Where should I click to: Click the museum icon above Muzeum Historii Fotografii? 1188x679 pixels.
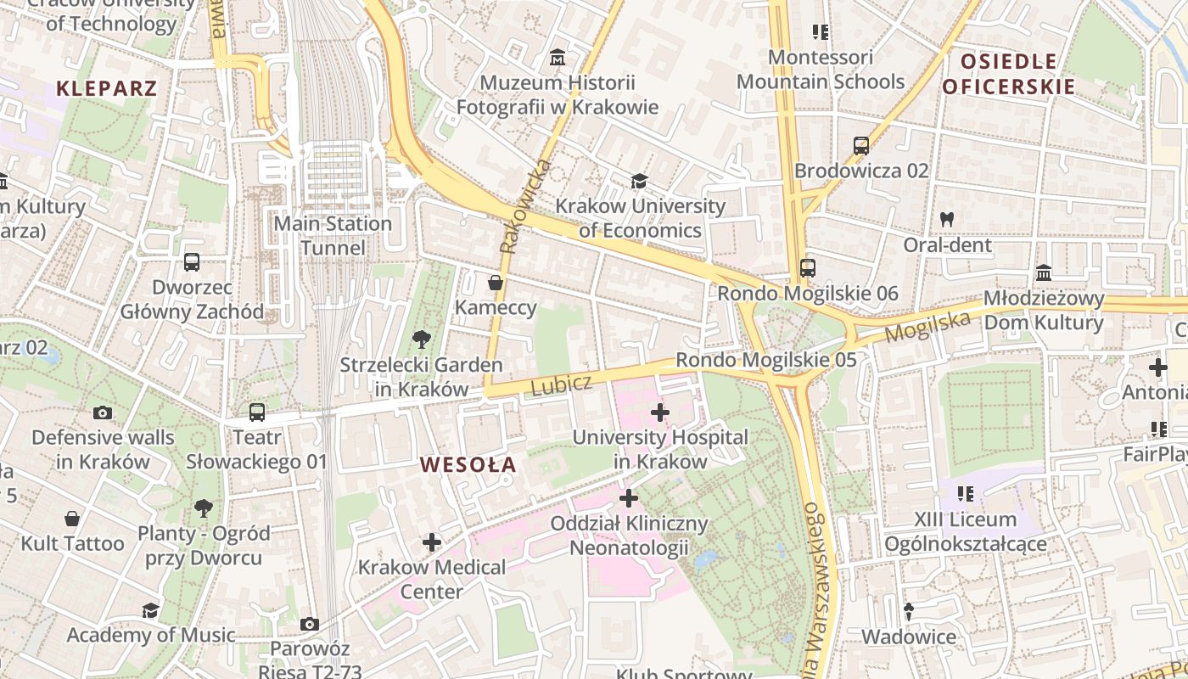tap(558, 58)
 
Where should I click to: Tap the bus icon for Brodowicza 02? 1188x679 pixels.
tap(861, 146)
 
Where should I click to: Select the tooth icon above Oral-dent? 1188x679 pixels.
tap(947, 219)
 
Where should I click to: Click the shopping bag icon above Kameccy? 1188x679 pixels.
tap(496, 282)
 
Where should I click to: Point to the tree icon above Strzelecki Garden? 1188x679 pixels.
tap(421, 340)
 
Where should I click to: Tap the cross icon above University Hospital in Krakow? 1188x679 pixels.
tap(660, 412)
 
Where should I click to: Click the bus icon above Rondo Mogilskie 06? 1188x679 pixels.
tap(807, 268)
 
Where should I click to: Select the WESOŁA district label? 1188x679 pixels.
tap(468, 464)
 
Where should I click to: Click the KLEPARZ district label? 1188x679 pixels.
tap(107, 88)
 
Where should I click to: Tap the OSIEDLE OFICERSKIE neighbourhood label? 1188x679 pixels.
tap(1008, 74)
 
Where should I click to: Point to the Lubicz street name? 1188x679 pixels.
tap(561, 384)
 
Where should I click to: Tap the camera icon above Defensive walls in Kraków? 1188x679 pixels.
tap(103, 413)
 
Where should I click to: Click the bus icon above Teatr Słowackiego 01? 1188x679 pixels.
tap(256, 412)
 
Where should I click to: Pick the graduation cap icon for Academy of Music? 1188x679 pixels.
tap(150, 610)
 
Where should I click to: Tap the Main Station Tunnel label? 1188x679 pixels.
tap(333, 235)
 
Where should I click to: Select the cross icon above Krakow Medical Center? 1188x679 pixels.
tap(432, 542)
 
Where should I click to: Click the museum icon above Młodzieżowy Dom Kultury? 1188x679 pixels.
tap(1044, 273)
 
